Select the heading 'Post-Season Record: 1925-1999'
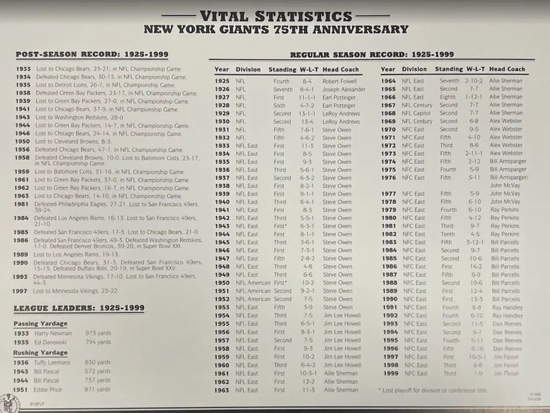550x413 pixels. [x=92, y=54]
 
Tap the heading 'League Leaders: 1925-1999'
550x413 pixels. [x=79, y=308]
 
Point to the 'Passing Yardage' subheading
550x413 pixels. [x=40, y=324]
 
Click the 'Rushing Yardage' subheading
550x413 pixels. [x=40, y=353]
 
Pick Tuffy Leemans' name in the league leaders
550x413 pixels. [x=53, y=362]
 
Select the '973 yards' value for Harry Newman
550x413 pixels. [x=98, y=333]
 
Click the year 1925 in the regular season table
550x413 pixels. [x=221, y=81]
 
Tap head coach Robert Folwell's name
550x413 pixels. [x=339, y=81]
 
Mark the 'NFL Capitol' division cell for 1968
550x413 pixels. [x=417, y=113]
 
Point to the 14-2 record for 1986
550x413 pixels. [x=474, y=267]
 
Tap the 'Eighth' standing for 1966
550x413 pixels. [x=448, y=97]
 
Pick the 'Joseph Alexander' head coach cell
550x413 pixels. [x=344, y=89]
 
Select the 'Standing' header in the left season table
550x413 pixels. [x=282, y=69]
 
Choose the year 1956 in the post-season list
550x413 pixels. [x=21, y=149]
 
